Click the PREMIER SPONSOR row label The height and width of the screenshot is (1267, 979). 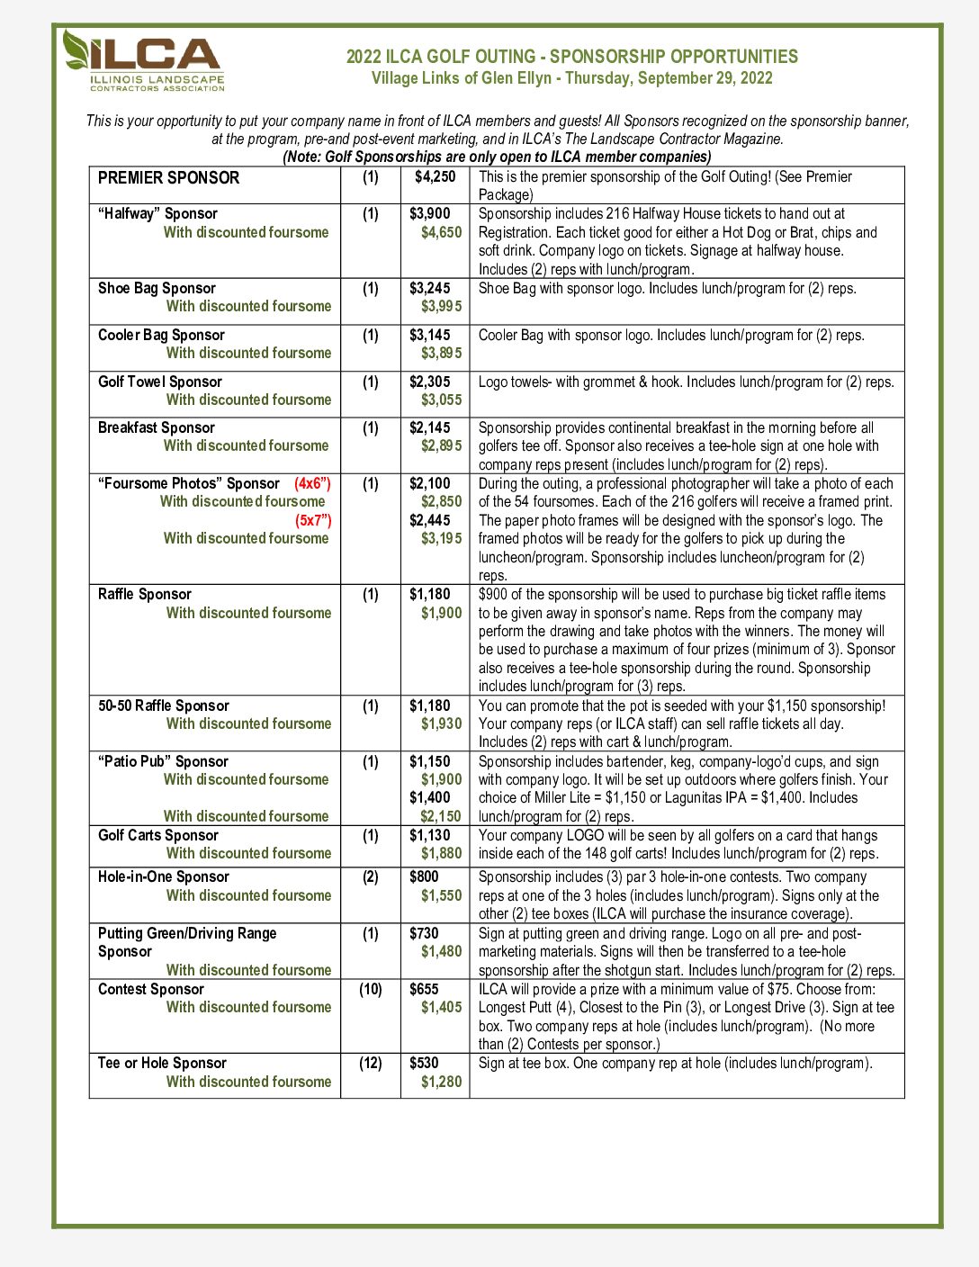coord(168,177)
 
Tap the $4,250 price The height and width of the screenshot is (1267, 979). coord(435,177)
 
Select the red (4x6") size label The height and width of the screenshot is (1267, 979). coord(312,483)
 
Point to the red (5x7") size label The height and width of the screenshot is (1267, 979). coord(313,520)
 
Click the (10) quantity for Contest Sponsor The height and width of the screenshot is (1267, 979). coord(371,989)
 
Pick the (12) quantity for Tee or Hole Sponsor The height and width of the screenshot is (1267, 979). coord(371,1063)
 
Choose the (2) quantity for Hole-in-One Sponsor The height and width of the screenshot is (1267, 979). coord(371,876)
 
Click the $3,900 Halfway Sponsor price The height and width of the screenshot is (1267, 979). coord(430,213)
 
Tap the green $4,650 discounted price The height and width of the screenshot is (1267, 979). coord(441,232)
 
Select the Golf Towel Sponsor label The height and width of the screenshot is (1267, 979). coord(159,382)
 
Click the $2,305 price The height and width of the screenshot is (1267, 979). coord(430,382)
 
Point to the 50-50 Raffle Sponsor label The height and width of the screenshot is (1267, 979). coord(163,705)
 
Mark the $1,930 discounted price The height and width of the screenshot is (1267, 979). coord(441,723)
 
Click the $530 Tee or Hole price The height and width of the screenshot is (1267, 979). coord(424,1063)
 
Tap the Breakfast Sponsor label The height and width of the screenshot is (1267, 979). coord(156,427)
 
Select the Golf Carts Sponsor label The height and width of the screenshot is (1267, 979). coord(157,835)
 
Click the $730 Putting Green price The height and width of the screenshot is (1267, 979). coord(424,933)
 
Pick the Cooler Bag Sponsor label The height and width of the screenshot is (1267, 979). coord(161,335)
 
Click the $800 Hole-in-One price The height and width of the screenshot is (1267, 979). coord(424,876)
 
